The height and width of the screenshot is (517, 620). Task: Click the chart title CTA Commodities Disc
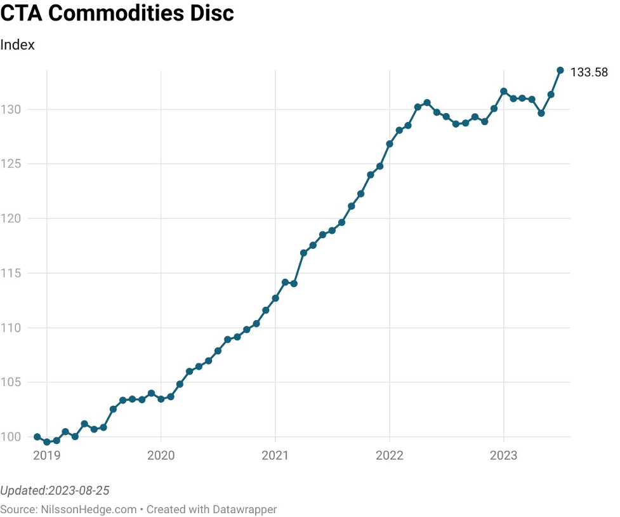coord(117,13)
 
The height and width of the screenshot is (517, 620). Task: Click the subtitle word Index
coord(17,45)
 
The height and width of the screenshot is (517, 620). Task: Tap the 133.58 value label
coord(589,72)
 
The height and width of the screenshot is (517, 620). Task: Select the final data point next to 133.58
coord(560,70)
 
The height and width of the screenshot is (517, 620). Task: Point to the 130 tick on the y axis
coord(11,110)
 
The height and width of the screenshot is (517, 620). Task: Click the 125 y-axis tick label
coord(11,164)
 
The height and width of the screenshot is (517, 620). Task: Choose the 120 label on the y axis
coord(11,218)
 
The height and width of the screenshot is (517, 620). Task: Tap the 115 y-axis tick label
coord(11,273)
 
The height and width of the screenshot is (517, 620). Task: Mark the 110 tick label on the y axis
coord(11,328)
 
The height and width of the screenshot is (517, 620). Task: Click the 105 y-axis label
coord(11,382)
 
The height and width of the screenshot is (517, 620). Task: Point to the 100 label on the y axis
coord(11,437)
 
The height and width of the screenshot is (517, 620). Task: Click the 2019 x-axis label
coord(46,456)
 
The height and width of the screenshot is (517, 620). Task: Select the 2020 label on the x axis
coord(161,456)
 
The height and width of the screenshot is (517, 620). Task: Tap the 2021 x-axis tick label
coord(275,456)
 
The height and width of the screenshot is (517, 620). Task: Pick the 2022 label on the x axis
coord(389,456)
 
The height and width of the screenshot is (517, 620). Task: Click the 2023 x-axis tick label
coord(503,456)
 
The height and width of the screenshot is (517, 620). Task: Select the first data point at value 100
coord(37,437)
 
